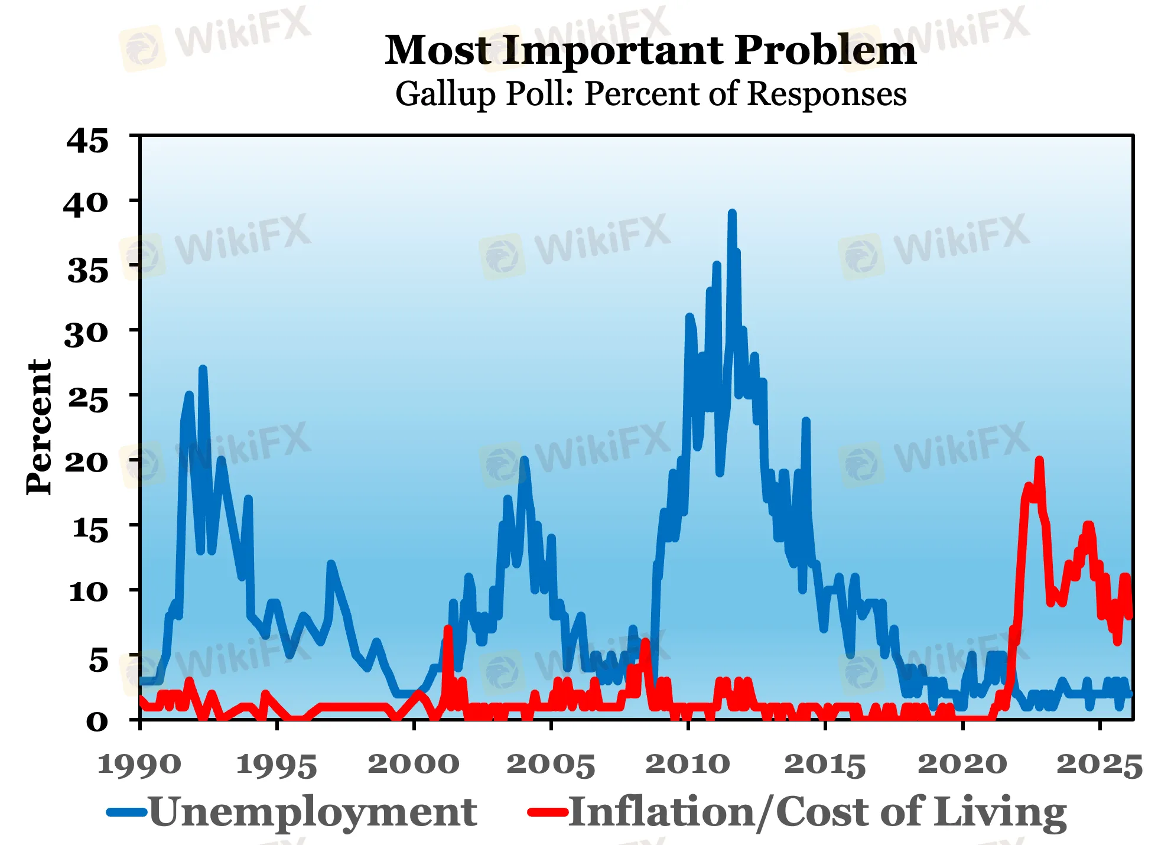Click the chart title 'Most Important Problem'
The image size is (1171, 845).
point(650,50)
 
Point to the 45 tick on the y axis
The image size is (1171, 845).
point(87,141)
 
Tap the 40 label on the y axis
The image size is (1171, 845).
point(86,204)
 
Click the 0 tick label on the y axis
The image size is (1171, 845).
point(97,721)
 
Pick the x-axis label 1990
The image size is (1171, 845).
point(139,764)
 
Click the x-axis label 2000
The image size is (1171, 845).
point(414,764)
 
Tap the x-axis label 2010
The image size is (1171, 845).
point(688,764)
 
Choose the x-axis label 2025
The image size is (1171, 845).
point(1099,764)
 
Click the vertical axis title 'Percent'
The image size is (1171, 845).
point(40,427)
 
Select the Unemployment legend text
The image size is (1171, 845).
point(313,812)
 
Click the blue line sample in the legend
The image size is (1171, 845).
point(126,812)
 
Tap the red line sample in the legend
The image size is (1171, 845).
point(547,812)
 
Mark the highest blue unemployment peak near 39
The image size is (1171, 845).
point(732,213)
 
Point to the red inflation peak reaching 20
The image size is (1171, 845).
point(1039,460)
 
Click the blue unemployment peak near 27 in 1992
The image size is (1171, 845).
point(203,369)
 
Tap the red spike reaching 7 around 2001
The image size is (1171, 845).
point(447,629)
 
